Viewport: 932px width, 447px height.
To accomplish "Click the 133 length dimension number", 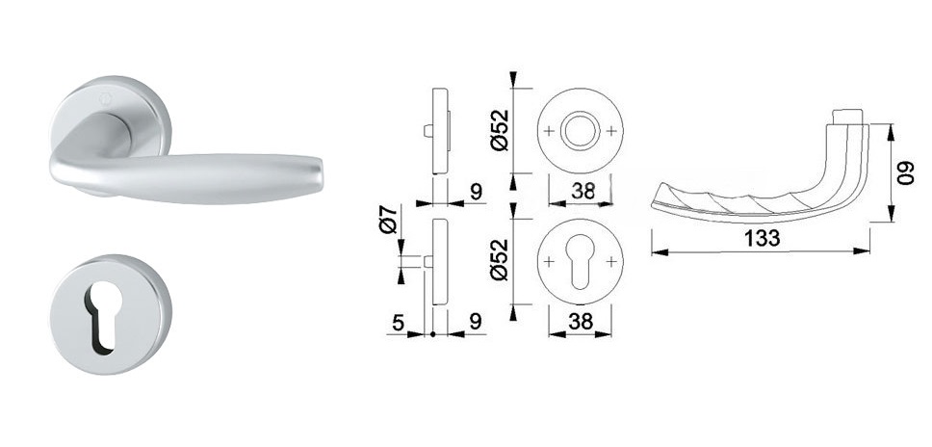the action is point(762,238).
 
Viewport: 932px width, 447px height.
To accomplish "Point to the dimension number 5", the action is point(399,322).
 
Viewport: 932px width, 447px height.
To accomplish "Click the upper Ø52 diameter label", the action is point(501,130).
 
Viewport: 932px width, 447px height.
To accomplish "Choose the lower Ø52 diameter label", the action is point(501,260).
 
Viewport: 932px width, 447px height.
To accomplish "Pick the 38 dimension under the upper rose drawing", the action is point(582,192).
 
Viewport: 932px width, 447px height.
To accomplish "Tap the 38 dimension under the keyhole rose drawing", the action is point(581,322).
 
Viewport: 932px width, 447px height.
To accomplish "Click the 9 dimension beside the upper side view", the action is point(476,192).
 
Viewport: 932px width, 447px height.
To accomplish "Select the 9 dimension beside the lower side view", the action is point(476,322).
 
